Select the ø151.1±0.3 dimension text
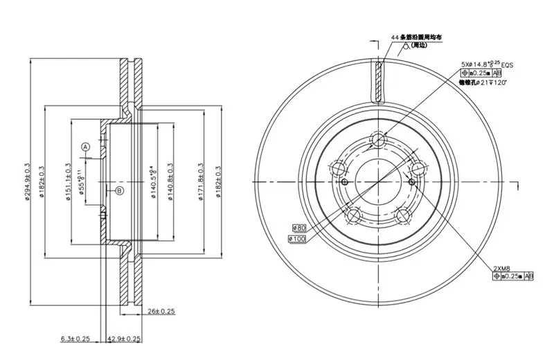tap(68, 181)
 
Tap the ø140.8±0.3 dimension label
tap(170, 182)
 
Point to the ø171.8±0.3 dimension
tap(200, 182)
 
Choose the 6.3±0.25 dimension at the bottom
tap(75, 339)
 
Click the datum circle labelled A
tap(86, 147)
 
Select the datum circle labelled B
tap(118, 190)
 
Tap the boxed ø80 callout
tap(299, 226)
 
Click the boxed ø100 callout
tap(296, 239)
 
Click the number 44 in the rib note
tap(395, 36)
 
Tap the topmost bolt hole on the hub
tap(378, 141)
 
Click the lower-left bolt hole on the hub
tap(354, 215)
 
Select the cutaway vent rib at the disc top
tap(378, 82)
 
